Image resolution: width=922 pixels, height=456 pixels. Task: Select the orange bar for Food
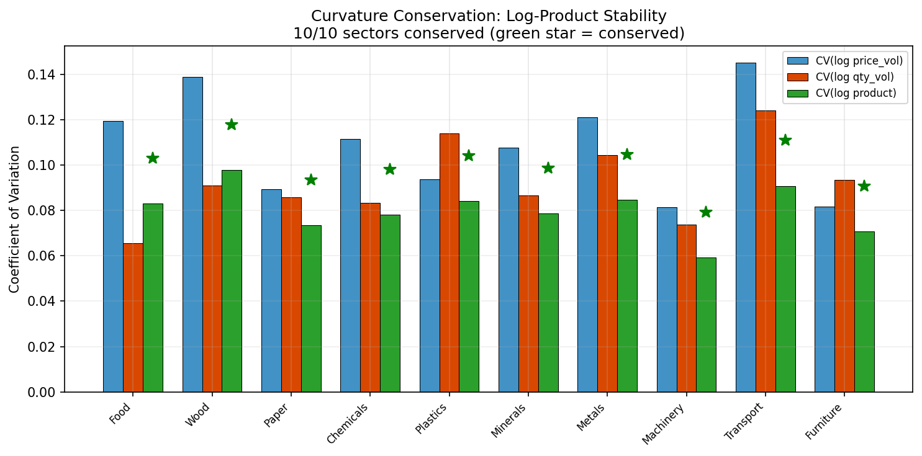pyautogui.click(x=133, y=318)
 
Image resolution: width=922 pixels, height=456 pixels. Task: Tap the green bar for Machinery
pyautogui.click(x=706, y=324)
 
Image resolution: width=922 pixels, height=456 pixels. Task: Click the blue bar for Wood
pyautogui.click(x=192, y=235)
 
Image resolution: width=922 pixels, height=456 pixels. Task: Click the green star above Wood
pyautogui.click(x=232, y=124)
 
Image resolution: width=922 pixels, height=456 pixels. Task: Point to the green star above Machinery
pyautogui.click(x=706, y=212)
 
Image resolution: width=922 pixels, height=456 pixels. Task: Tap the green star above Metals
pyautogui.click(x=627, y=154)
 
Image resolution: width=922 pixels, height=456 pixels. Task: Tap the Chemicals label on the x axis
pyautogui.click(x=348, y=423)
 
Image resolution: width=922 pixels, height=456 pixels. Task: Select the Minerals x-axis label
pyautogui.click(x=508, y=421)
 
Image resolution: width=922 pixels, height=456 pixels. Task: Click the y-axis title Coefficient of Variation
pyautogui.click(x=15, y=219)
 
